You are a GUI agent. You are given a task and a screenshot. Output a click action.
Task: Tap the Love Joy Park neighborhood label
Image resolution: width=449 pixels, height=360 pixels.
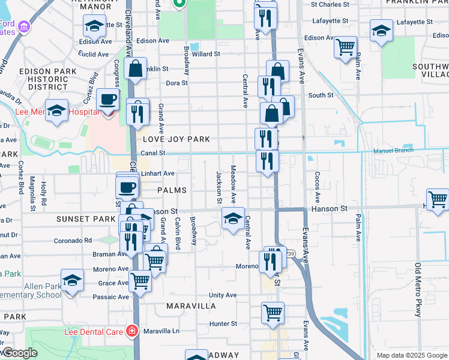176,139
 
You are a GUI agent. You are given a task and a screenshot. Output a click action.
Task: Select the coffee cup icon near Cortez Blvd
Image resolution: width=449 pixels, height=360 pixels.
107,99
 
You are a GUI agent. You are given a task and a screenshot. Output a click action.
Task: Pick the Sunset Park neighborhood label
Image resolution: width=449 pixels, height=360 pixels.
85,220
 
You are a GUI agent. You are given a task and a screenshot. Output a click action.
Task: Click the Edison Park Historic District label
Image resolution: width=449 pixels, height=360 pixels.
48,79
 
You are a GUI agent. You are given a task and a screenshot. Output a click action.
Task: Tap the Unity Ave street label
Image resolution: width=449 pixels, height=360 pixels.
223,295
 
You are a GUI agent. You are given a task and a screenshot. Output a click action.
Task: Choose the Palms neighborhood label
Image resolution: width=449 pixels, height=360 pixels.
172,190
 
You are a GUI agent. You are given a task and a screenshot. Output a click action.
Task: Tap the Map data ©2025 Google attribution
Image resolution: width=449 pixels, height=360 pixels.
411,355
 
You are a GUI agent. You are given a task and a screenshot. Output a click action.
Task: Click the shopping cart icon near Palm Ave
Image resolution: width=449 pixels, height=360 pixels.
345,47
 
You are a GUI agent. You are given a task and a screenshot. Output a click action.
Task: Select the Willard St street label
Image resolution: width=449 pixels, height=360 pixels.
206,54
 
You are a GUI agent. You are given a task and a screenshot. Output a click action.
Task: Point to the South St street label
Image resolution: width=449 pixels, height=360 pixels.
321,95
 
